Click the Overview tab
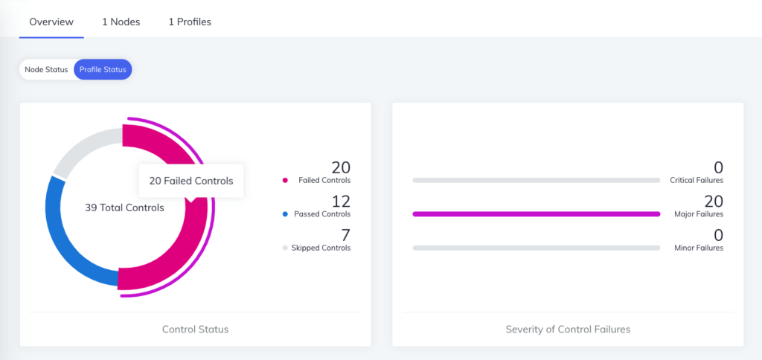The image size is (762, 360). pyautogui.click(x=51, y=22)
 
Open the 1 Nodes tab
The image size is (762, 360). pyautogui.click(x=121, y=22)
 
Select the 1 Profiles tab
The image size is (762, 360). pyautogui.click(x=190, y=22)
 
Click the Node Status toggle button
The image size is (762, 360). pyautogui.click(x=46, y=69)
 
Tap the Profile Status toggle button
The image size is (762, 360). pyautogui.click(x=103, y=69)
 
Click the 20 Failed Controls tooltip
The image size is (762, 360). pyautogui.click(x=191, y=181)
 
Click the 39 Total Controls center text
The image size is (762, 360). pyautogui.click(x=124, y=208)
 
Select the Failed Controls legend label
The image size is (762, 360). pyautogui.click(x=324, y=180)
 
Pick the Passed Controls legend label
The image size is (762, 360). pyautogui.click(x=321, y=214)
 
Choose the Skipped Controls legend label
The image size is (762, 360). pyautogui.click(x=321, y=248)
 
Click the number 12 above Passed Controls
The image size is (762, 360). pyautogui.click(x=341, y=202)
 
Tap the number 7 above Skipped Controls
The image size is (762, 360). pyautogui.click(x=345, y=235)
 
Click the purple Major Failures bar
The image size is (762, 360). pyautogui.click(x=536, y=214)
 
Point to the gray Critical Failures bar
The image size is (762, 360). pyautogui.click(x=536, y=180)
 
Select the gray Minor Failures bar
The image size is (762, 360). pyautogui.click(x=536, y=248)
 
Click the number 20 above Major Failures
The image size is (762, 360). pyautogui.click(x=713, y=202)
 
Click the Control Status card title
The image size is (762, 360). pyautogui.click(x=195, y=329)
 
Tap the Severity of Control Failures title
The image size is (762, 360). pyautogui.click(x=568, y=329)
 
